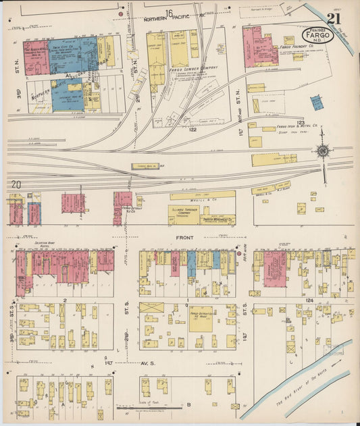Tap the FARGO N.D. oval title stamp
(x=317, y=35)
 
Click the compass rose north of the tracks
(x=324, y=151)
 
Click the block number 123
(x=301, y=122)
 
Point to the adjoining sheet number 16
(x=169, y=13)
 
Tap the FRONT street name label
(x=184, y=237)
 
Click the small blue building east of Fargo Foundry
(x=316, y=102)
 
